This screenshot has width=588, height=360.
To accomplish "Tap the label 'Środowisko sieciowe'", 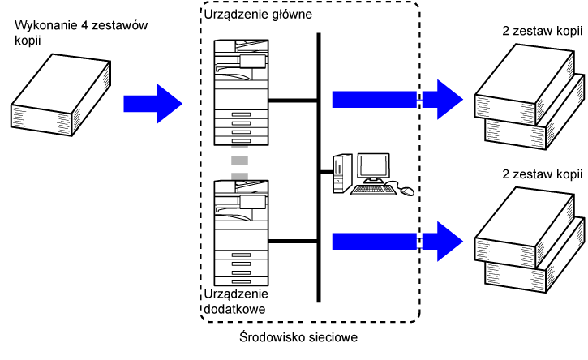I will click(x=293, y=336).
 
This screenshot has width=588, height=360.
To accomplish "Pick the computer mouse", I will click(x=406, y=191).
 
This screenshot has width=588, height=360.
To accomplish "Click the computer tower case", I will click(x=341, y=170).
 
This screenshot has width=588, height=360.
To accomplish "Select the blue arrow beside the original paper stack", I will click(x=151, y=102).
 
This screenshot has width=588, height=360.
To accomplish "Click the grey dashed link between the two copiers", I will click(x=239, y=163).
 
